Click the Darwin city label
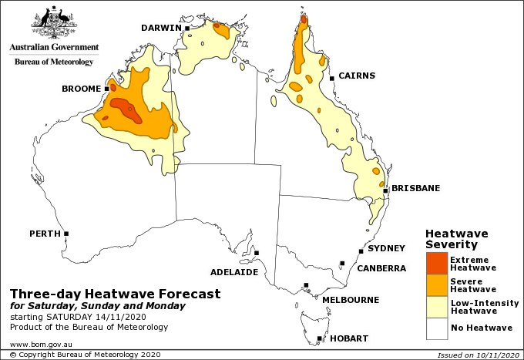tap(160, 29)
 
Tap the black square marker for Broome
tap(106, 89)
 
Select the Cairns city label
tap(357, 76)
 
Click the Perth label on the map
tap(44, 233)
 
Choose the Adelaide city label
tap(234, 272)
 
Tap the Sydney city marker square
tap(361, 251)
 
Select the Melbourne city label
tap(350, 299)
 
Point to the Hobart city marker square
tap(319, 338)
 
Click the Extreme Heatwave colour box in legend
tap(436, 263)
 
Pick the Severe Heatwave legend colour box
tap(436, 285)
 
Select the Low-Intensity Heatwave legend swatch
tap(436, 307)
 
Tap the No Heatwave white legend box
tap(436, 328)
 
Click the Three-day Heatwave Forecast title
tap(115, 294)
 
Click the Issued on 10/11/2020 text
tap(479, 355)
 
